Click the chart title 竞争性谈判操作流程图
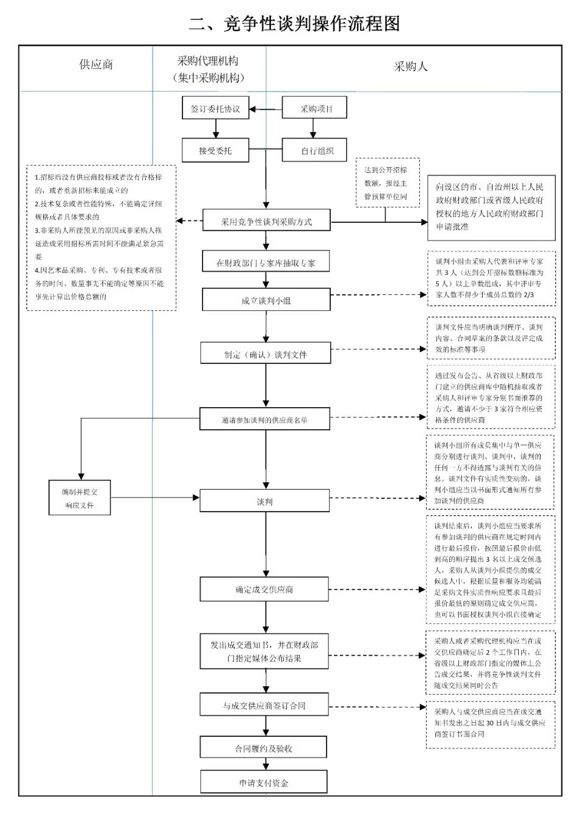(294, 23)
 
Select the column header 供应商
(96, 65)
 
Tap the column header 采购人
(411, 67)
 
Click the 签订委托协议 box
(215, 109)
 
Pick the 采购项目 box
(315, 109)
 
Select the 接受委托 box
(215, 150)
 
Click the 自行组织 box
(315, 150)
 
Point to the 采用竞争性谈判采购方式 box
(265, 222)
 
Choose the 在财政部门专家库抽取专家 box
(265, 262)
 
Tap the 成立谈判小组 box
(265, 300)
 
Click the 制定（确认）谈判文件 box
(265, 354)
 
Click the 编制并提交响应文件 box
(79, 498)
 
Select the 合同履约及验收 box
(264, 748)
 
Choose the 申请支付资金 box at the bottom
(264, 783)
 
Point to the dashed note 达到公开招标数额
(385, 183)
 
